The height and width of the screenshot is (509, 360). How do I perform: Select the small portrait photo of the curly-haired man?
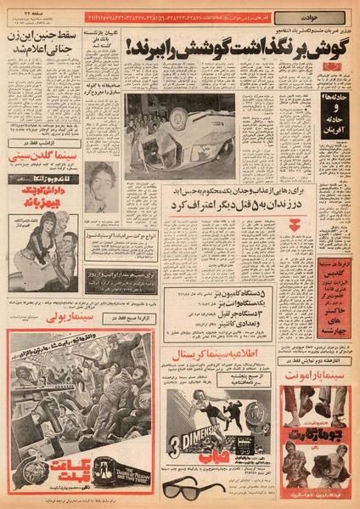[x=101, y=184]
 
